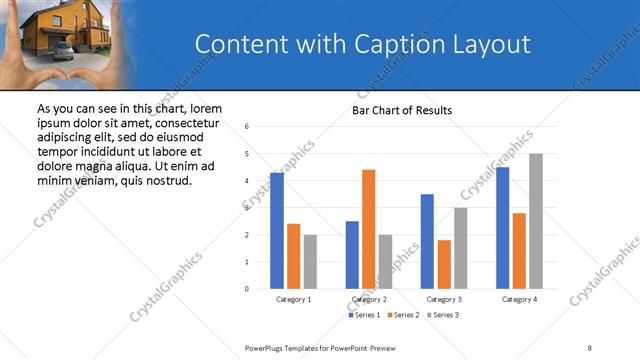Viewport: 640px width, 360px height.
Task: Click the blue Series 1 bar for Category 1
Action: click(277, 231)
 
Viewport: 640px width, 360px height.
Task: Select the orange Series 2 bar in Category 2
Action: click(369, 229)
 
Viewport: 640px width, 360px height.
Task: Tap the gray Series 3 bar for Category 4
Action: click(536, 221)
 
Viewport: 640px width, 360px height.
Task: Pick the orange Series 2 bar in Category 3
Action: click(444, 264)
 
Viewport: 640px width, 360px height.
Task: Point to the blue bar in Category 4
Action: click(502, 228)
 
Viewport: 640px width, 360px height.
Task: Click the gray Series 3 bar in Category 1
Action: click(310, 262)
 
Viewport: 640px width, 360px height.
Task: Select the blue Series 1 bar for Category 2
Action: click(352, 255)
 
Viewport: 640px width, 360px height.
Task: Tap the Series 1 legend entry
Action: click(363, 316)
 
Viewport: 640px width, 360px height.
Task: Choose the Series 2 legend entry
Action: click(403, 316)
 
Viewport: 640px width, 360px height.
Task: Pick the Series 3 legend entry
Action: click(443, 316)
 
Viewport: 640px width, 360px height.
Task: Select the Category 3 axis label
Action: click(444, 299)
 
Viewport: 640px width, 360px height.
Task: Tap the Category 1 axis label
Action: click(293, 299)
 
